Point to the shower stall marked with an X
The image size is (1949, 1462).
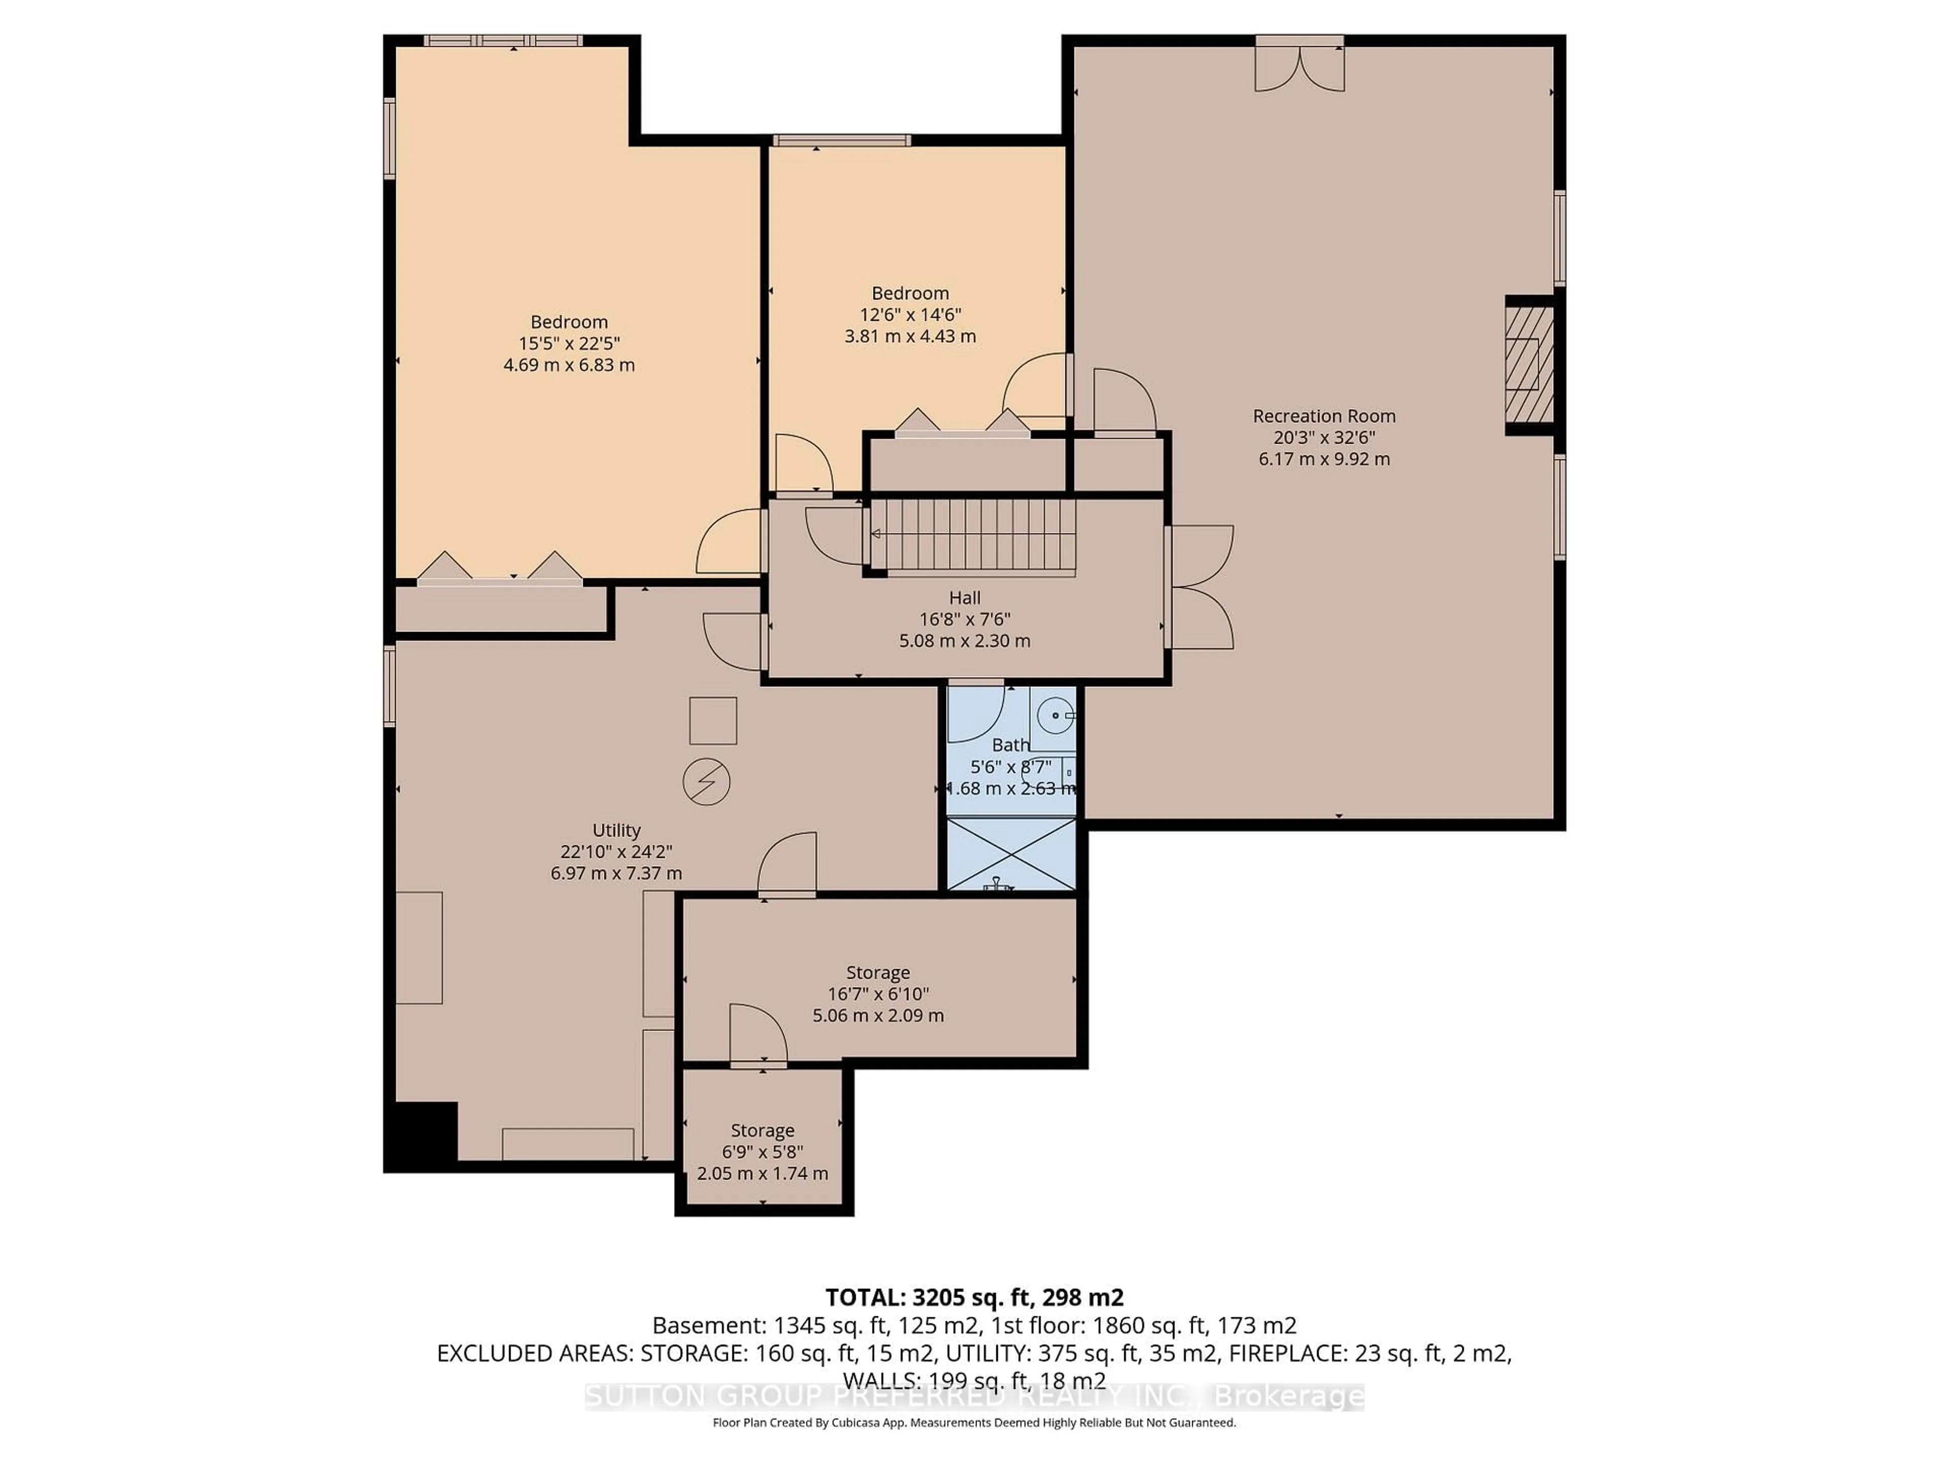point(1011,854)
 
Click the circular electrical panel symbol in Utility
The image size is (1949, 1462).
point(706,782)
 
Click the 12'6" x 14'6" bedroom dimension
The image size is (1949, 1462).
point(910,315)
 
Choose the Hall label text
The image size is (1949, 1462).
point(965,597)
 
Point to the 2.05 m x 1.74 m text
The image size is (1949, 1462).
point(762,1174)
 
